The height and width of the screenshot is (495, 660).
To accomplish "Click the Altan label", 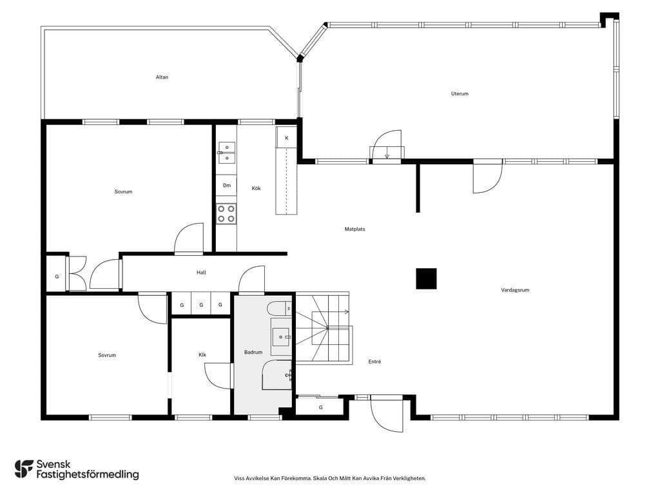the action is [x=162, y=77].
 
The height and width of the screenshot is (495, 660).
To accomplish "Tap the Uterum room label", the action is [x=460, y=93].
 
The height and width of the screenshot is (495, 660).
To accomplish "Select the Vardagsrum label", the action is [x=515, y=290].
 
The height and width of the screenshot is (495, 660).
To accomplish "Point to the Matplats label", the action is [x=355, y=229].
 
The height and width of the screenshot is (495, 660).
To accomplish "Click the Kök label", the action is [x=257, y=188].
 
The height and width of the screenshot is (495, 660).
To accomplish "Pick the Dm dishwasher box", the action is [x=226, y=185].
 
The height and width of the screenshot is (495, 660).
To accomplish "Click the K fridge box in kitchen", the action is [x=287, y=138].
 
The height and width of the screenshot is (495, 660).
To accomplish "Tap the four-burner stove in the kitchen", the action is [x=226, y=213].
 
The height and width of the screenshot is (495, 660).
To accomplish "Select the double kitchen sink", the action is [x=226, y=152].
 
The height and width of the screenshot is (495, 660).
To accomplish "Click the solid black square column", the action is [x=426, y=278].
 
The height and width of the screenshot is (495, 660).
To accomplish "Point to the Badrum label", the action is [x=253, y=352].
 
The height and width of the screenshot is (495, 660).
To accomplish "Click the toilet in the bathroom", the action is [x=279, y=309].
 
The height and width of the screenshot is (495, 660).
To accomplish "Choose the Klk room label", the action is [x=202, y=355].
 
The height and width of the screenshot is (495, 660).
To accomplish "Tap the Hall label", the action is [x=201, y=273].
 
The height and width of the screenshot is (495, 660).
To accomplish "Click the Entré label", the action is [x=374, y=362].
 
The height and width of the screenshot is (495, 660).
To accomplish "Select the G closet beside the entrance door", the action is [x=321, y=407].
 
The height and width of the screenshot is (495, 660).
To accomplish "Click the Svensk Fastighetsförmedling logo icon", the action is [x=24, y=469].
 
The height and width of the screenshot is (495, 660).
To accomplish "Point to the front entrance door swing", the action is [x=387, y=414].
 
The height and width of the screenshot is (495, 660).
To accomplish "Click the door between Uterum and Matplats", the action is [x=387, y=145].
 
